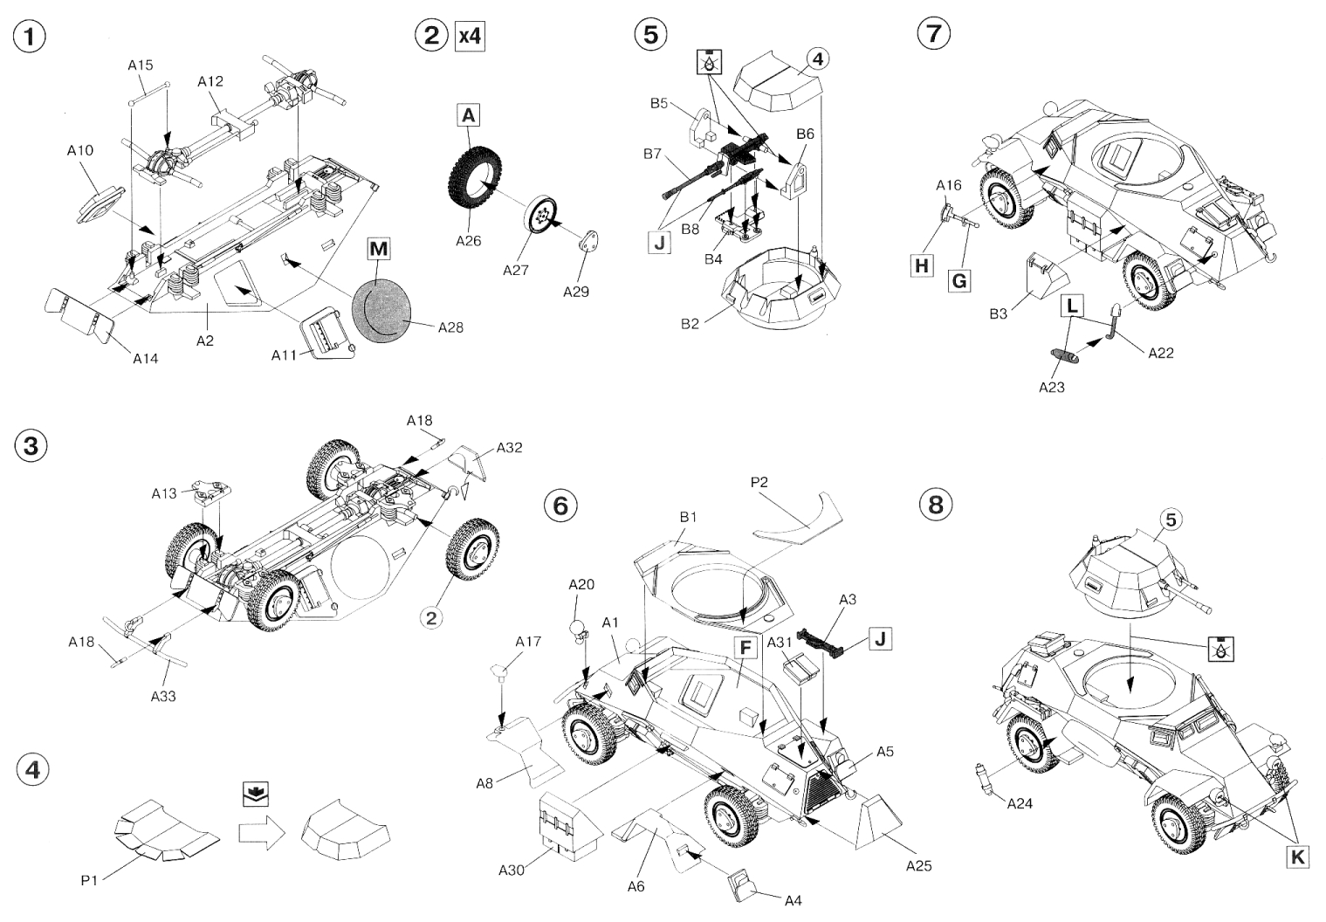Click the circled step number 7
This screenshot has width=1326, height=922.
coord(933,34)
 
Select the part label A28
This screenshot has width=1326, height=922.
coord(450,327)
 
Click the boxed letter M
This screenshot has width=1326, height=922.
coord(378,250)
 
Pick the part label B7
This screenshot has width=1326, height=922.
coord(652,154)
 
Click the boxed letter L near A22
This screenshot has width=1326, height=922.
coord(1072,306)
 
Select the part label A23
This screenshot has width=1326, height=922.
coord(1052,388)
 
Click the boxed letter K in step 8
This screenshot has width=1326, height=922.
coord(1298,857)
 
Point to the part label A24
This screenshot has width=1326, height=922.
coord(1019,803)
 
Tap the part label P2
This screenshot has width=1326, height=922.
coord(759,481)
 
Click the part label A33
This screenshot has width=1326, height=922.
coord(163,695)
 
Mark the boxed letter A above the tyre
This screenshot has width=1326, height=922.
coord(469,115)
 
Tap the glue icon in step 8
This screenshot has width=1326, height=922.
coord(1221,649)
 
